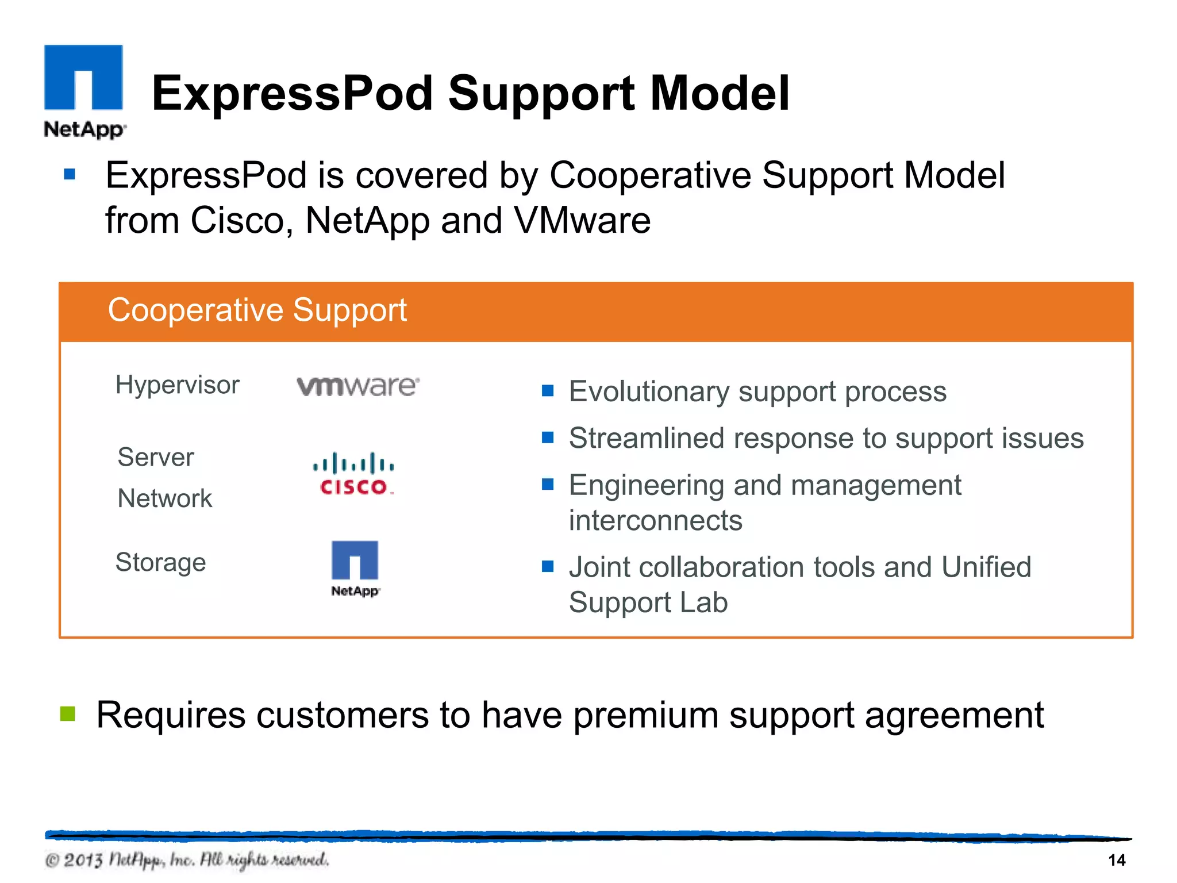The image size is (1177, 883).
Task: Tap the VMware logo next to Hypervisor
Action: coord(357,386)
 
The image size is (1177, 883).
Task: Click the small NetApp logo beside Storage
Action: coord(355,568)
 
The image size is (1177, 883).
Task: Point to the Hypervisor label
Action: coord(177,385)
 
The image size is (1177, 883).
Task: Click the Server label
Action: coord(156,458)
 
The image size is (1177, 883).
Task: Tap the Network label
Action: coord(165,498)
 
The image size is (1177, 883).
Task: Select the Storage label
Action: coord(161,562)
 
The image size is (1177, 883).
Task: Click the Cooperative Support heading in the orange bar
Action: coord(257,310)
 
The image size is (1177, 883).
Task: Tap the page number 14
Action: coord(1116,860)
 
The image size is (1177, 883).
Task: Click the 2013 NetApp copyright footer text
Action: coord(187,860)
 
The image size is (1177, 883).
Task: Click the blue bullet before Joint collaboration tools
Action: coord(547,567)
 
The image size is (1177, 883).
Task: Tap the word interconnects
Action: coord(655,521)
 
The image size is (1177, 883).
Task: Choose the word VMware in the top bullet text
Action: coord(582,221)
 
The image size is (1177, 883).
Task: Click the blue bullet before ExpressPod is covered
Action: coord(70,174)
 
